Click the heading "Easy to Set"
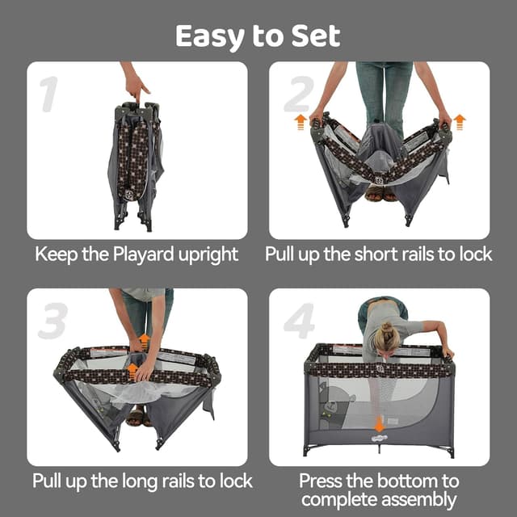pyautogui.click(x=258, y=36)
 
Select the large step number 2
pyautogui.click(x=297, y=95)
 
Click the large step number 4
pyautogui.click(x=300, y=322)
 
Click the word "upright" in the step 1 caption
pyautogui.click(x=207, y=254)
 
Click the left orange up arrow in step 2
pyautogui.click(x=300, y=123)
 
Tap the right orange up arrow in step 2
pyautogui.click(x=459, y=123)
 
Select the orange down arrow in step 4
pyautogui.click(x=379, y=425)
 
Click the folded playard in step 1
pyautogui.click(x=134, y=162)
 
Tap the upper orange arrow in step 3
pyautogui.click(x=144, y=340)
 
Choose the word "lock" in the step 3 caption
pyautogui.click(x=233, y=481)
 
